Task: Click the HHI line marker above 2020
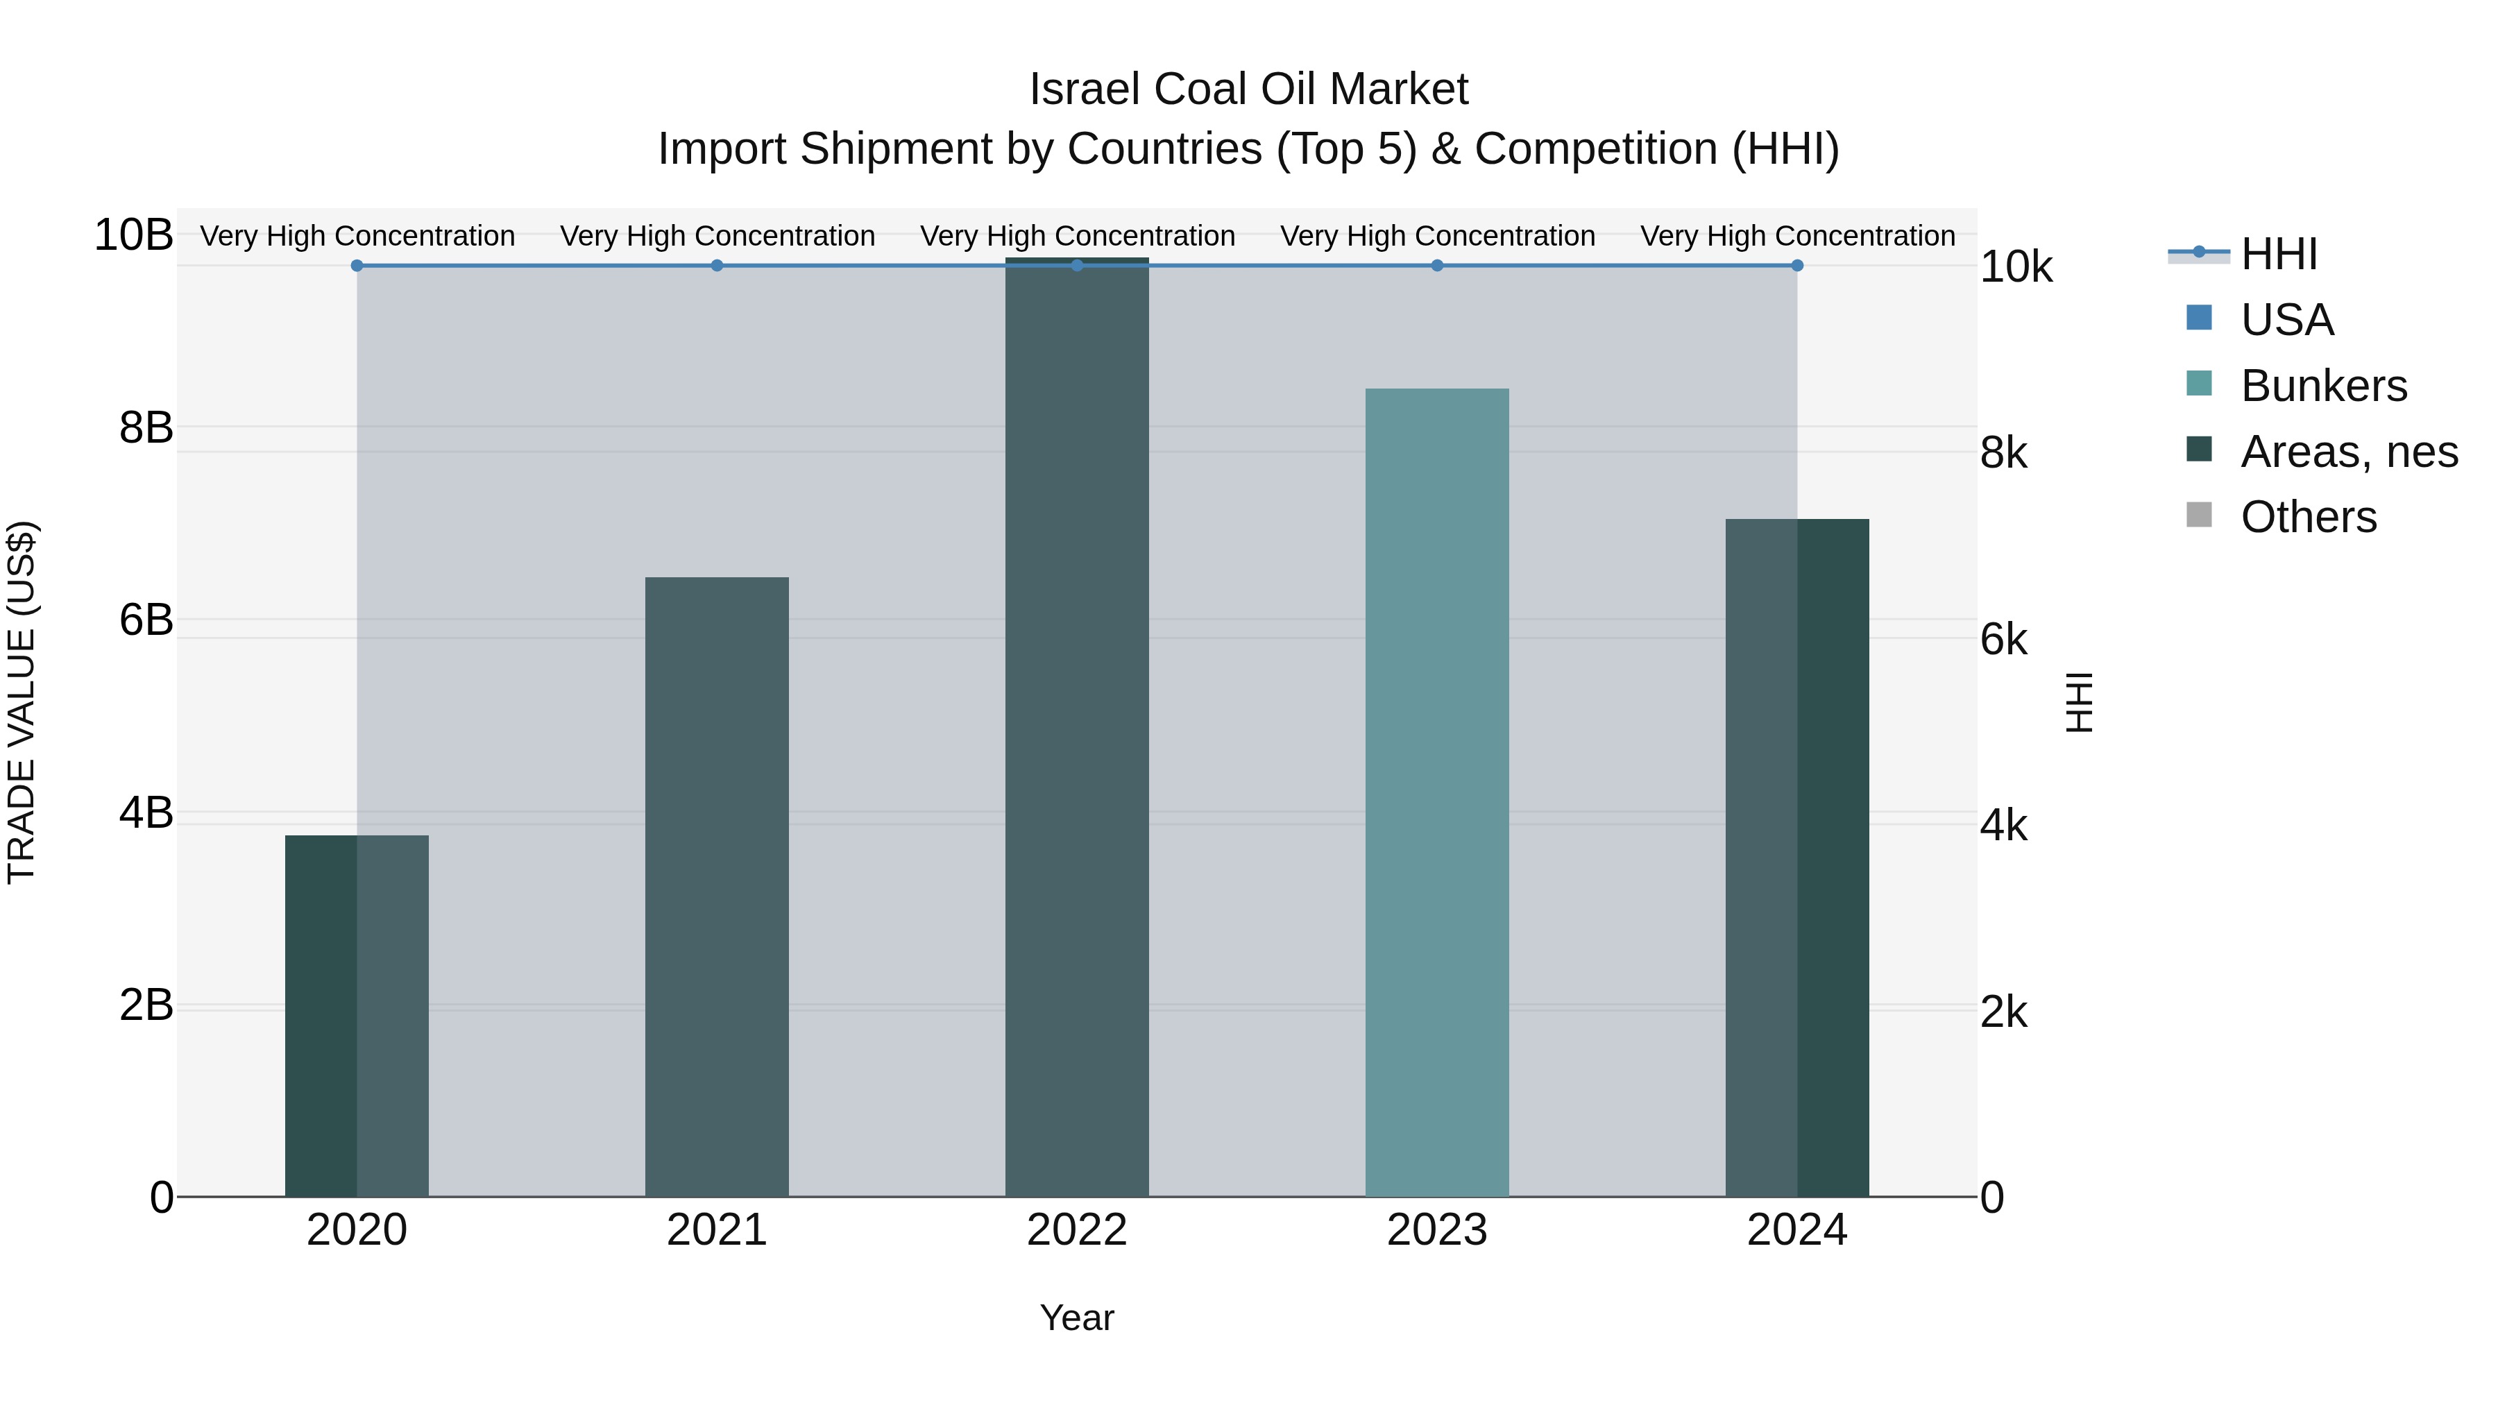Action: coord(357,266)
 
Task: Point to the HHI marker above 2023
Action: coord(1437,266)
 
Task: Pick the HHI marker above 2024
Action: coord(1797,266)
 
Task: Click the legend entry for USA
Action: coord(2286,320)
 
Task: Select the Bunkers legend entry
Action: coord(2322,386)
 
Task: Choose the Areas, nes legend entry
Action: coord(2347,452)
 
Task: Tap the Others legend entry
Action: coord(2308,517)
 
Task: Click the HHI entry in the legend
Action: coord(2278,254)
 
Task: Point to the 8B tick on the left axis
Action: coord(146,427)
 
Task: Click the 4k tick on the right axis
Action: coord(2003,825)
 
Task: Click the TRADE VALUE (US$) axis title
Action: coord(22,702)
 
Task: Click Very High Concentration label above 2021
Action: coord(717,236)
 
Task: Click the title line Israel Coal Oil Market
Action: coord(1248,90)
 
